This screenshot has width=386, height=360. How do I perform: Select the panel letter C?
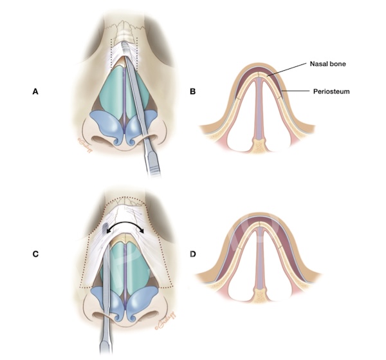(36, 252)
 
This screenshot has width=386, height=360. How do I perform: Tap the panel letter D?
(193, 252)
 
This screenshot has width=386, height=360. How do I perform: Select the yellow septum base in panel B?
(259, 147)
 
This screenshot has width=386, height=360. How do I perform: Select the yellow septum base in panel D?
(259, 298)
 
